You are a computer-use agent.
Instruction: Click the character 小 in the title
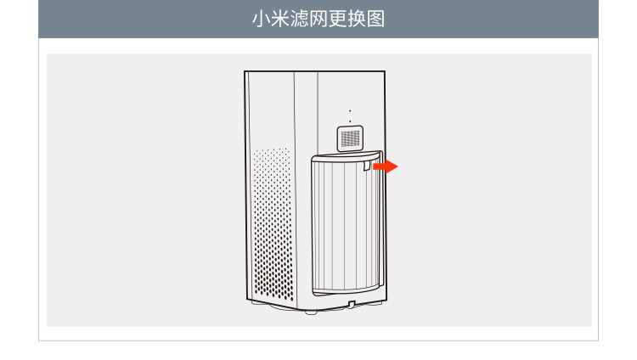point(261,19)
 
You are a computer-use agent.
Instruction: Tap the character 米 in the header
point(279,19)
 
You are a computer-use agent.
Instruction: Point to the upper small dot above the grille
point(350,111)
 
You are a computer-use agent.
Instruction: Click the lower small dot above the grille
point(350,121)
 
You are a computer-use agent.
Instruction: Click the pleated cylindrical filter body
point(340,225)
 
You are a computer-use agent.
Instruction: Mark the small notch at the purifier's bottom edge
point(351,303)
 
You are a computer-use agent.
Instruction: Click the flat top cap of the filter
point(344,156)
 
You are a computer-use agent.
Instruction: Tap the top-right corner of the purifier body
point(384,73)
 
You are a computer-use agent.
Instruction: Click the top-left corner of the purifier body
point(245,73)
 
